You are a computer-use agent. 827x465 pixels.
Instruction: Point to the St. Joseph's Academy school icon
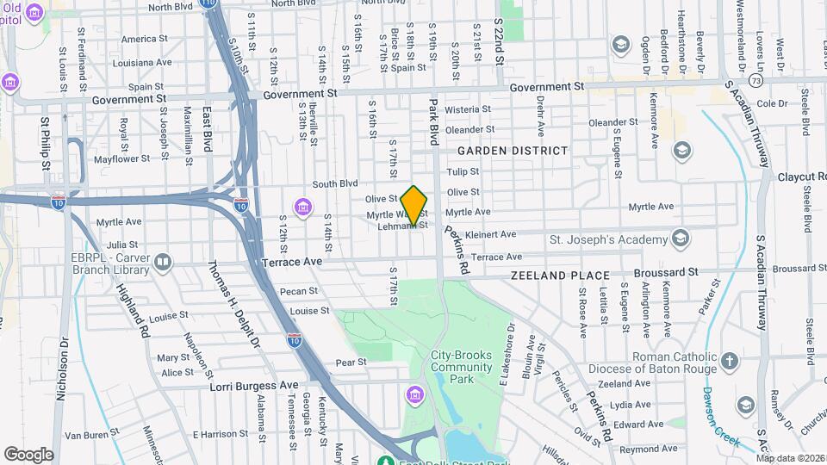[x=681, y=238]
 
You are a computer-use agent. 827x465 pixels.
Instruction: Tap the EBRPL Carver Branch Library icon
[x=163, y=261]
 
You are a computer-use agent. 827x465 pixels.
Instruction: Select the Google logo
[x=28, y=454]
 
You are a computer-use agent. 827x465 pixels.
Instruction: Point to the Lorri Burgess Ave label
[x=254, y=386]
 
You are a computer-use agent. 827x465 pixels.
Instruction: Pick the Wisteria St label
[x=468, y=109]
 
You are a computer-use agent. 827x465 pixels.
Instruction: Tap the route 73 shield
[x=755, y=80]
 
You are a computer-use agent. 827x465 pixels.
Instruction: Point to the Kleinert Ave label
[x=490, y=233]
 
